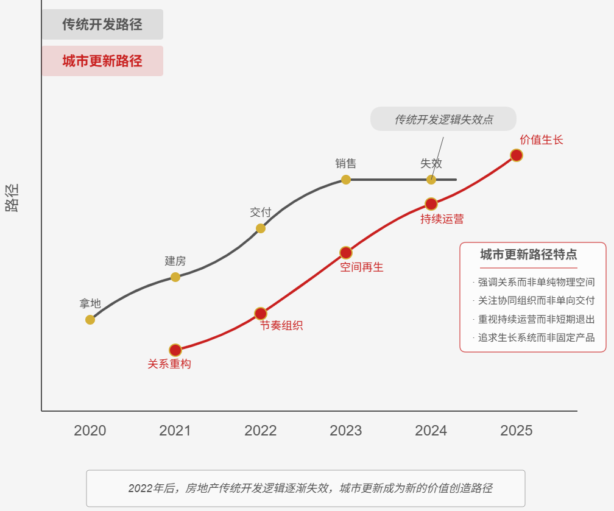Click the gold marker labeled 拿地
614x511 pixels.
[90, 320]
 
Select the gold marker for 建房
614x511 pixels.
[175, 277]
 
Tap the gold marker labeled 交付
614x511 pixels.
[261, 228]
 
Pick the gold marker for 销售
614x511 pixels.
[346, 180]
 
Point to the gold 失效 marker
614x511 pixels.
[431, 180]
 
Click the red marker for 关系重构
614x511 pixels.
[175, 350]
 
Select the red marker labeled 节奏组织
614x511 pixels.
[261, 314]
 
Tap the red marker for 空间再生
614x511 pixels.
[346, 253]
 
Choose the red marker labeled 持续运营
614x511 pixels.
[431, 204]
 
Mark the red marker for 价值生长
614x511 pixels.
[517, 155]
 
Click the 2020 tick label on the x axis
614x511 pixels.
[90, 431]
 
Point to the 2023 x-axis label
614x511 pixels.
[346, 431]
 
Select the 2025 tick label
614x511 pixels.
[517, 431]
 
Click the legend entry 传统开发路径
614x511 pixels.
[102, 24]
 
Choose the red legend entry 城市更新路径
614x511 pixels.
[102, 61]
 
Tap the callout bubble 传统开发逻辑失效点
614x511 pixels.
[443, 119]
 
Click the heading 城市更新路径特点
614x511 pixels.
[529, 255]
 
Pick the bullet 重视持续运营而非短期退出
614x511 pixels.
[536, 319]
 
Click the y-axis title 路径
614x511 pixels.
[12, 197]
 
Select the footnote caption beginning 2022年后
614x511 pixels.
[306, 488]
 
